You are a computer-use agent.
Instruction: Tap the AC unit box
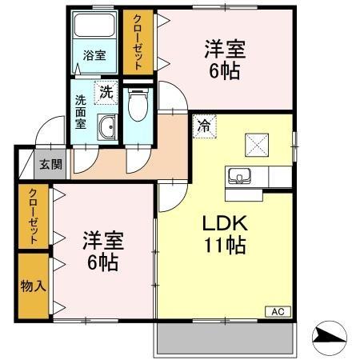tap(278, 311)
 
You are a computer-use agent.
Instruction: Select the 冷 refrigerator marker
tap(204, 126)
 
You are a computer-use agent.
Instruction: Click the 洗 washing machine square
tap(106, 93)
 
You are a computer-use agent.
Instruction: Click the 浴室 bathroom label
tap(94, 55)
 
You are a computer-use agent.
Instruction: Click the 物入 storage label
tap(33, 286)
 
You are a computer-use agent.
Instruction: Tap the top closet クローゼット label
tap(138, 42)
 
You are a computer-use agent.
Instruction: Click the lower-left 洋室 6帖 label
tap(101, 250)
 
